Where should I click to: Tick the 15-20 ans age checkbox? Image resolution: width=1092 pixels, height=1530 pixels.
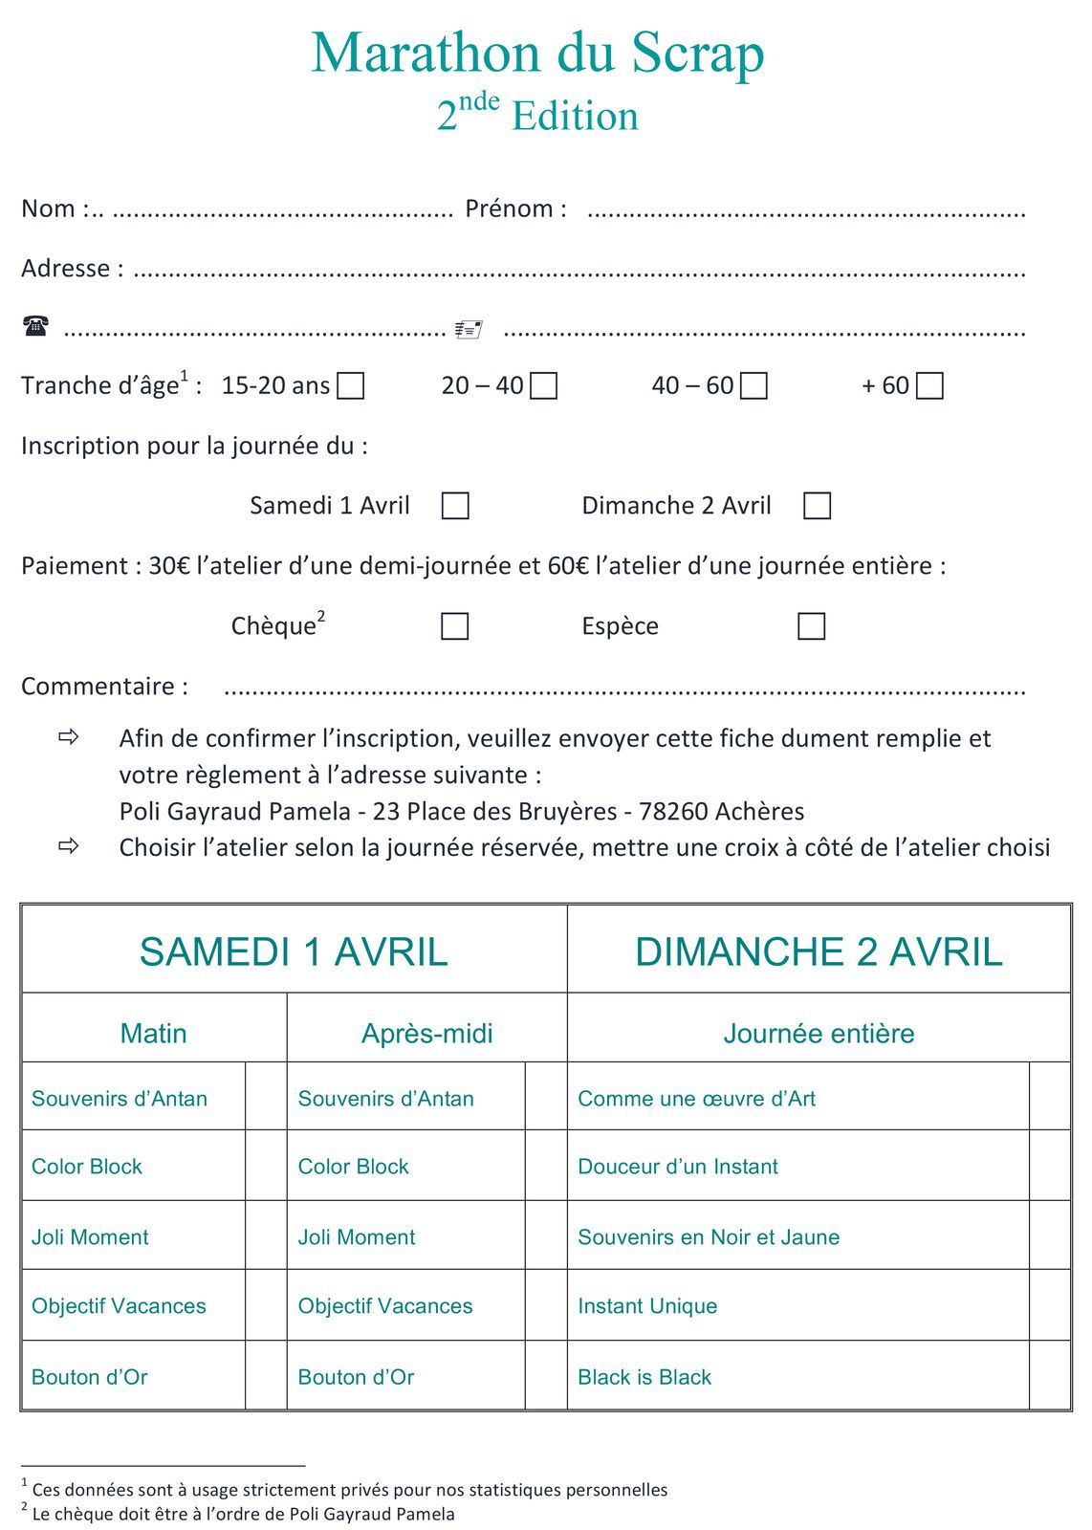pyautogui.click(x=351, y=385)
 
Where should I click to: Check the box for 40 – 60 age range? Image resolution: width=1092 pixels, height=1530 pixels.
pyautogui.click(x=754, y=385)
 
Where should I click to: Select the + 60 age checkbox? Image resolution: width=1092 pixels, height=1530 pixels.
pyautogui.click(x=929, y=385)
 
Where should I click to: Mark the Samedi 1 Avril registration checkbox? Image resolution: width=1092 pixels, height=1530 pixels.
pyautogui.click(x=455, y=506)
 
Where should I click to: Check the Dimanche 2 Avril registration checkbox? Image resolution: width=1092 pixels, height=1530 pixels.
pyautogui.click(x=818, y=506)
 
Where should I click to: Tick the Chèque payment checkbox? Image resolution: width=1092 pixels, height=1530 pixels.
pyautogui.click(x=455, y=626)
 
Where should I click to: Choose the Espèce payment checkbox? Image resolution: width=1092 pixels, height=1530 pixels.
pyautogui.click(x=812, y=626)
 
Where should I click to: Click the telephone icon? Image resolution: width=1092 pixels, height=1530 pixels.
pyautogui.click(x=35, y=327)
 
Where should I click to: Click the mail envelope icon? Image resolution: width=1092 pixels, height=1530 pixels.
pyautogui.click(x=469, y=330)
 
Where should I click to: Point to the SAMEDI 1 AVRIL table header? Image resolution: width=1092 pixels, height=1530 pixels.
pyautogui.click(x=294, y=951)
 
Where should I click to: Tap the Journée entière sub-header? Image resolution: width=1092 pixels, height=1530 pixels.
pyautogui.click(x=819, y=1033)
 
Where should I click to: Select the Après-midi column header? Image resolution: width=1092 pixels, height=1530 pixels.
pyautogui.click(x=426, y=1033)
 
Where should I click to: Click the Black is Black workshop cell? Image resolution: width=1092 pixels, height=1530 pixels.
pyautogui.click(x=644, y=1377)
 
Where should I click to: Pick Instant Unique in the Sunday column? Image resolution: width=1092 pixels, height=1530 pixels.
pyautogui.click(x=647, y=1306)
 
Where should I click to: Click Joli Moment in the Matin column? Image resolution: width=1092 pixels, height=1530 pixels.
pyautogui.click(x=90, y=1237)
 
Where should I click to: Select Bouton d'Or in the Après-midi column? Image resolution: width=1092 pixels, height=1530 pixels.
pyautogui.click(x=356, y=1377)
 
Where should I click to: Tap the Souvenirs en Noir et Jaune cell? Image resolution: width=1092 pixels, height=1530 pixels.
pyautogui.click(x=709, y=1237)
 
